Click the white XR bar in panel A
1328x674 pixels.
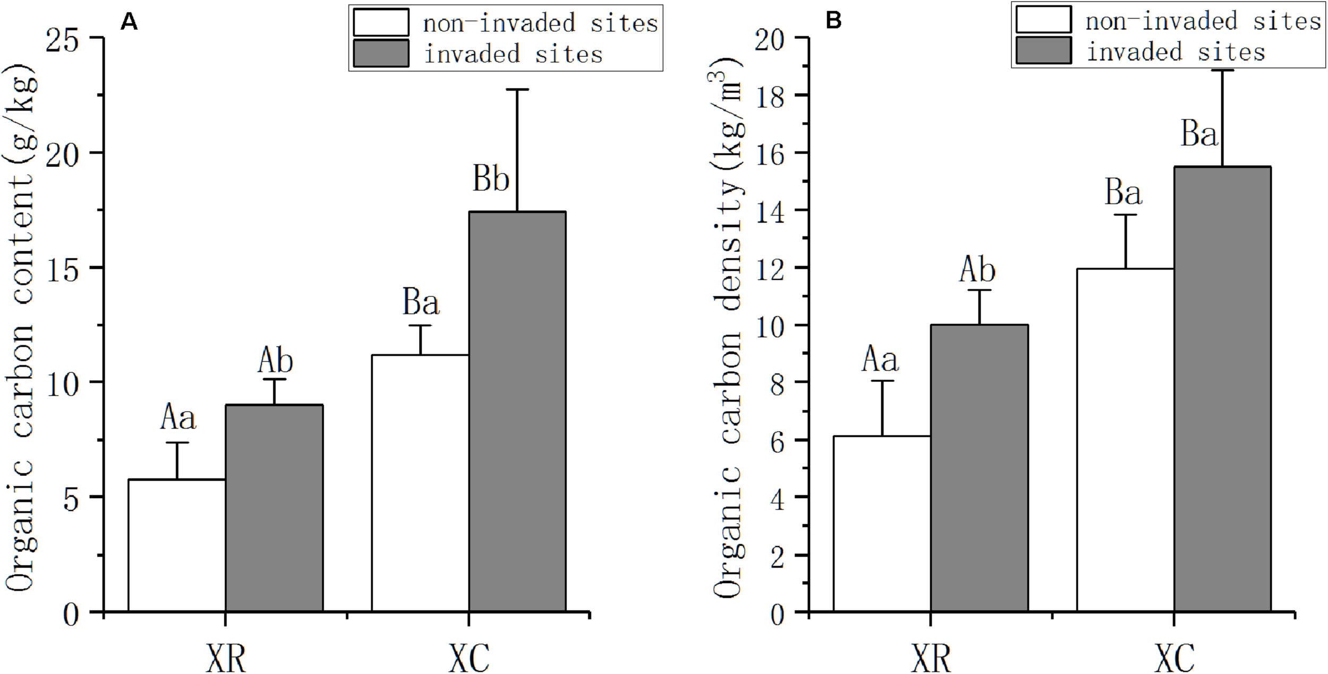[177, 545]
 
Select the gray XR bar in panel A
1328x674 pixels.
[274, 508]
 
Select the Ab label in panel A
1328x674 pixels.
[275, 361]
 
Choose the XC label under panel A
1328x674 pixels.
[469, 658]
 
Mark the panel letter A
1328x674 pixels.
[129, 22]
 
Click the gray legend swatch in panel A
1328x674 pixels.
[381, 54]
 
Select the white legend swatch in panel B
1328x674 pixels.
[1043, 20]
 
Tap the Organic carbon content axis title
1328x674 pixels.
[21, 329]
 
